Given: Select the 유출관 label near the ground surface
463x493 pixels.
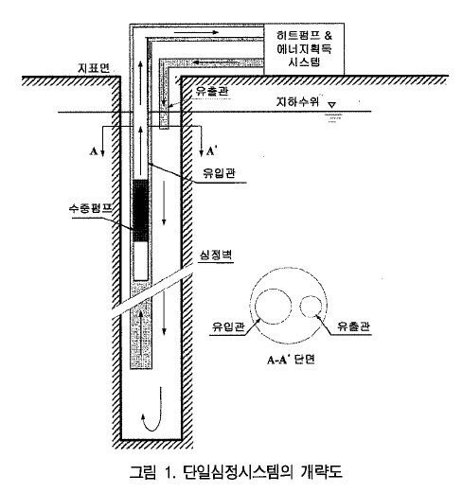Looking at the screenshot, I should (x=210, y=92).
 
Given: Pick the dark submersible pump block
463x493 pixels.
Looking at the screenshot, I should (x=140, y=210).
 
